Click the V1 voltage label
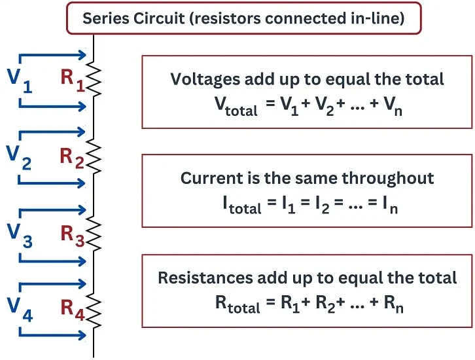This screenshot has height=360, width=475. (19, 79)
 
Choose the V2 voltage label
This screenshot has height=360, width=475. (19, 157)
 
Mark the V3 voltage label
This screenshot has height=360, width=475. (19, 235)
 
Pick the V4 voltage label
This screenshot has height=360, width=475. (19, 308)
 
